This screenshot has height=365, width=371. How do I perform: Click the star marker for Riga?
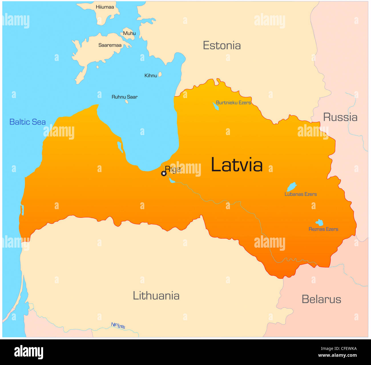[164, 173]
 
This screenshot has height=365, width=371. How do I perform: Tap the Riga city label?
[173, 169]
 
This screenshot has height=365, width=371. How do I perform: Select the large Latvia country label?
[237, 165]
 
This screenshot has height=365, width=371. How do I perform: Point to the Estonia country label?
[222, 46]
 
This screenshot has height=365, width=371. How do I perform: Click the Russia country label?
[340, 117]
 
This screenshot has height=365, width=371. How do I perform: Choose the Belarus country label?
[321, 299]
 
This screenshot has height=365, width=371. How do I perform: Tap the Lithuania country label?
[156, 296]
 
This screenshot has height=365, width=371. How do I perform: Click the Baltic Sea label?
[27, 122]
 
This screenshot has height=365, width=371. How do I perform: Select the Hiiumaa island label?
[105, 7]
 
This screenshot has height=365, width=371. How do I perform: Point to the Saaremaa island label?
[110, 45]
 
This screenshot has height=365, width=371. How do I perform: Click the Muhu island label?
[129, 33]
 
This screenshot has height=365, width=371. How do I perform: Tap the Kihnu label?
[151, 76]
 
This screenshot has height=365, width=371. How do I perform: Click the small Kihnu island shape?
[160, 74]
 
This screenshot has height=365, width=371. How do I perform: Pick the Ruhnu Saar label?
[124, 97]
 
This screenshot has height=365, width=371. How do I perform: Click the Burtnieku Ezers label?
[233, 103]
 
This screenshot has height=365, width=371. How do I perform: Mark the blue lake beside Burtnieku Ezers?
[215, 106]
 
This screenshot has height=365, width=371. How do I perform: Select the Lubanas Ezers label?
[301, 194]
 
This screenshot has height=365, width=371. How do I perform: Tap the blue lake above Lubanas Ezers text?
[292, 187]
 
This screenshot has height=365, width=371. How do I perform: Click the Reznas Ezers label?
[323, 229]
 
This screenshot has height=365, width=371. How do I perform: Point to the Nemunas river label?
[118, 325]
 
